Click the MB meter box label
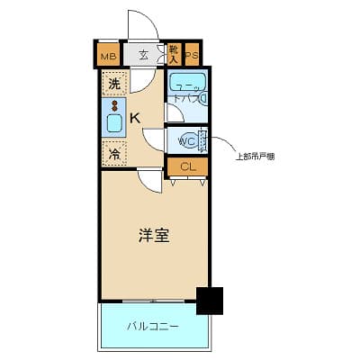tap(108, 56)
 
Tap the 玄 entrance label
tap(144, 56)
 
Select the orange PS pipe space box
tap(192, 56)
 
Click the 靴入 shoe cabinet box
tap(174, 54)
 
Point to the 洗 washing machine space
tap(114, 85)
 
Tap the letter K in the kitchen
tap(134, 118)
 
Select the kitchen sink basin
tap(114, 123)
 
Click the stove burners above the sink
tap(114, 105)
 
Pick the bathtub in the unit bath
tap(188, 84)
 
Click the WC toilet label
tap(186, 141)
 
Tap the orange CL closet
tap(187, 166)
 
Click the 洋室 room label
tap(155, 236)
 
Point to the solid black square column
tap(210, 301)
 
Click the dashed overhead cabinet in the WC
tap(203, 142)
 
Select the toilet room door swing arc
tap(155, 139)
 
